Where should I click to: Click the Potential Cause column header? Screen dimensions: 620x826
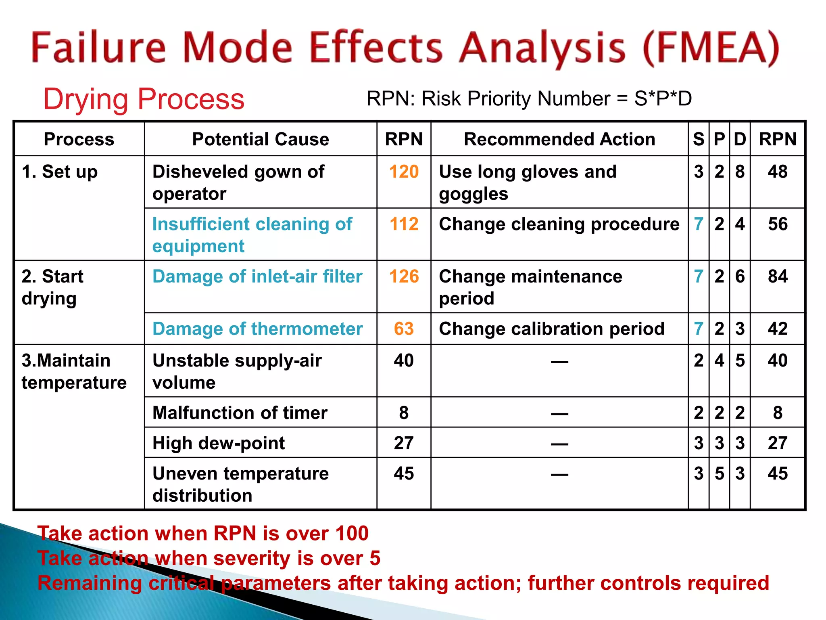[261, 139]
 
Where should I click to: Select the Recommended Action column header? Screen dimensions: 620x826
[559, 139]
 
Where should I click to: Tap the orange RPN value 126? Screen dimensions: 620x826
[404, 276]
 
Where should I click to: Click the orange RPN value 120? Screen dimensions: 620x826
[404, 172]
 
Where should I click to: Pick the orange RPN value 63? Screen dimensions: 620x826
[404, 329]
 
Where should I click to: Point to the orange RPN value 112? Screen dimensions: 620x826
[404, 224]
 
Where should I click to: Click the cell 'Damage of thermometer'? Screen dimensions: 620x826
[257, 329]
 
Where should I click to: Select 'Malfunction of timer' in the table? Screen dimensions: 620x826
[240, 413]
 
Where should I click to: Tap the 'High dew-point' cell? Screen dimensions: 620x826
[219, 443]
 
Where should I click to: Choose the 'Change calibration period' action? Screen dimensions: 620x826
[551, 329]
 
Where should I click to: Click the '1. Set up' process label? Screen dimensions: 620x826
[60, 172]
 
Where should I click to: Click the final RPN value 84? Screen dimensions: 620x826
[777, 276]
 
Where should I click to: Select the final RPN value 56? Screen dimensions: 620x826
[777, 224]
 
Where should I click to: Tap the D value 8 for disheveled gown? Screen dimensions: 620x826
[740, 172]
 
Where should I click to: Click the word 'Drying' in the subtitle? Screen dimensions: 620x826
[86, 99]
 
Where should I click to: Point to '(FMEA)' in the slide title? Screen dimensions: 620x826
[711, 48]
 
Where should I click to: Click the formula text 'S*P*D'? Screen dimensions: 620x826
[663, 99]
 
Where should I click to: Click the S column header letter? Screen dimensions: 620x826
[699, 139]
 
